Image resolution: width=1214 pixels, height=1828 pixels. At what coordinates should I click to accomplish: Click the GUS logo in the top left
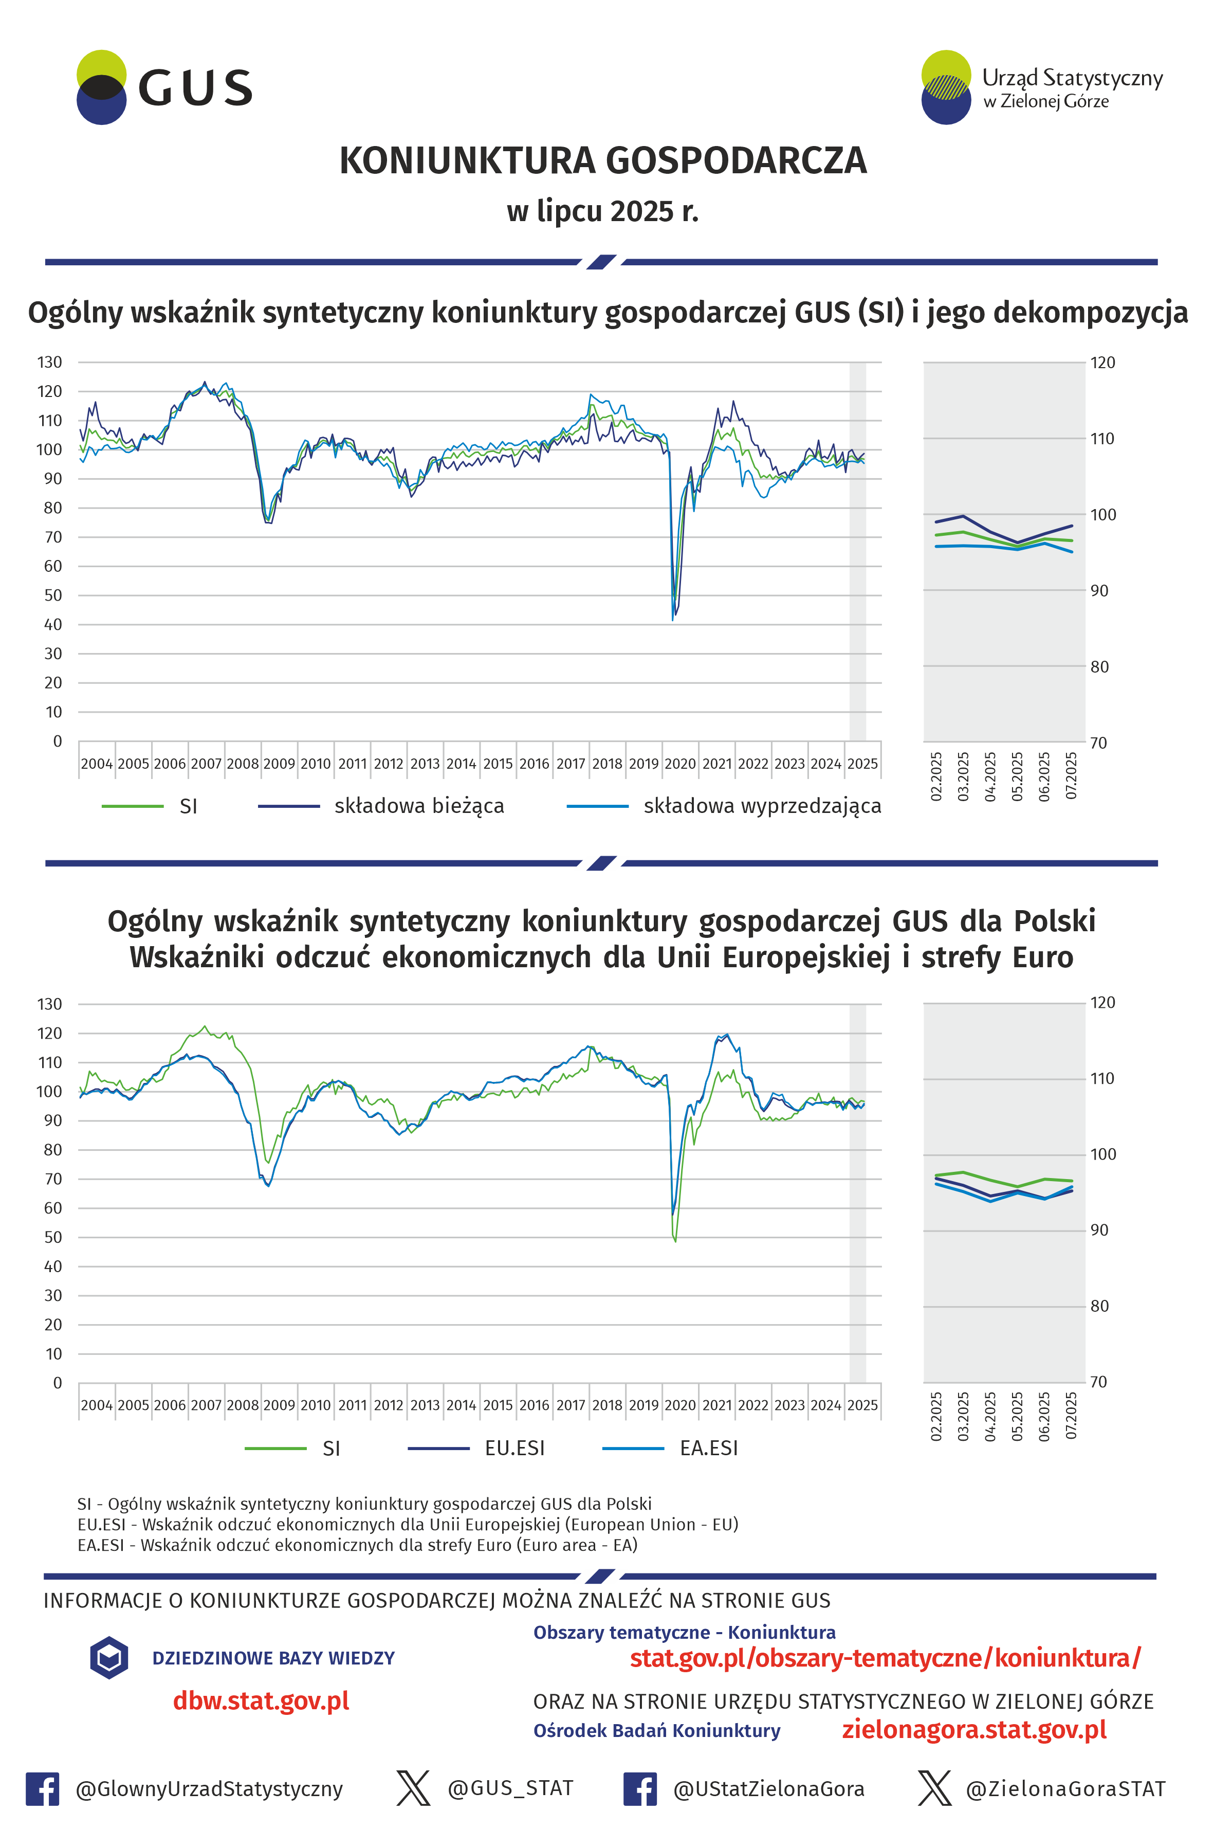click(164, 87)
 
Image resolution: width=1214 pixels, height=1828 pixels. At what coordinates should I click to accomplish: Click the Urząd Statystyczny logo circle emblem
click(946, 87)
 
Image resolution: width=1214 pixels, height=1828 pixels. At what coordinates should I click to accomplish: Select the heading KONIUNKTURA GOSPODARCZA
click(603, 161)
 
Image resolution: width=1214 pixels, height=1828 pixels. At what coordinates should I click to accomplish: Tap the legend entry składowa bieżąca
click(381, 806)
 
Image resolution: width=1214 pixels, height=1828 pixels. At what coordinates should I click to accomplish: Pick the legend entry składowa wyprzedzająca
click(724, 806)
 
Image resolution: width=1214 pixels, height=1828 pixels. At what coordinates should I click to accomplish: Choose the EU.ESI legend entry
click(476, 1449)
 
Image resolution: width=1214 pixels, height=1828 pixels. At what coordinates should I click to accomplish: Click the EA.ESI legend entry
click(671, 1449)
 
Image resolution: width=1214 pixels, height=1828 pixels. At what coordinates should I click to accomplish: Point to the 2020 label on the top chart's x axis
click(680, 764)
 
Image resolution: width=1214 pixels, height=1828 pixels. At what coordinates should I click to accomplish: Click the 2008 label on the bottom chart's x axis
click(242, 1405)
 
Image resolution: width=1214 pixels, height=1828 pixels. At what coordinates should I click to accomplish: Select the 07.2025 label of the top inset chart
click(1071, 776)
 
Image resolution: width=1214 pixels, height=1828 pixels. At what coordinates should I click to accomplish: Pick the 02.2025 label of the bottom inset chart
click(936, 1417)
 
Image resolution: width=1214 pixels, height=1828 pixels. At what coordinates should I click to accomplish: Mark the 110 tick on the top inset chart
click(1102, 439)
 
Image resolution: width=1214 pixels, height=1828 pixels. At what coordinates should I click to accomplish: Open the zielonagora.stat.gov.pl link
click(974, 1730)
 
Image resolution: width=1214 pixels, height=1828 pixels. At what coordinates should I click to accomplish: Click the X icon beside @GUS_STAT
click(413, 1788)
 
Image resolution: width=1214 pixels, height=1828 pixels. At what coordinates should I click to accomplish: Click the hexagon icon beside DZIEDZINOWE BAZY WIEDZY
click(109, 1658)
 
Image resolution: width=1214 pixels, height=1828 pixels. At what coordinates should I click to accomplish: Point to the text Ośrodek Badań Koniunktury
click(656, 1730)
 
